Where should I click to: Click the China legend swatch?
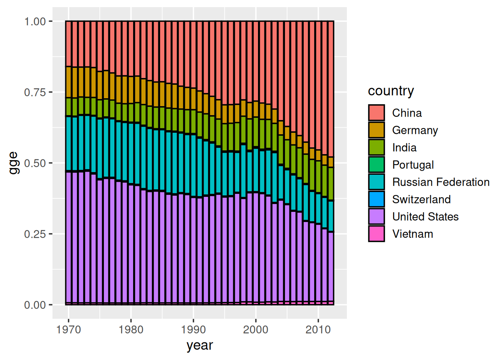(376, 112)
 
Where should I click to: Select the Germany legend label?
(415, 130)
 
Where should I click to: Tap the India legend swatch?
(376, 147)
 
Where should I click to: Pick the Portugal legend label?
(413, 165)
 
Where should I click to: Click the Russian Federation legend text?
(441, 182)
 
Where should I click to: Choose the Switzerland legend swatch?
(376, 199)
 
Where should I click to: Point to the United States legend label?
(425, 216)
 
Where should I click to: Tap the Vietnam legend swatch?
(376, 233)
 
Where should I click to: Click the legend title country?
(391, 91)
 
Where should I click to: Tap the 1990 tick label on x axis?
(193, 330)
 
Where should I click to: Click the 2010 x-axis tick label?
(318, 330)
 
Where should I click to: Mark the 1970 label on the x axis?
(69, 330)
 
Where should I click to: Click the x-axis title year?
(199, 345)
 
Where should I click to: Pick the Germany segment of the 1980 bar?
(131, 90)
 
